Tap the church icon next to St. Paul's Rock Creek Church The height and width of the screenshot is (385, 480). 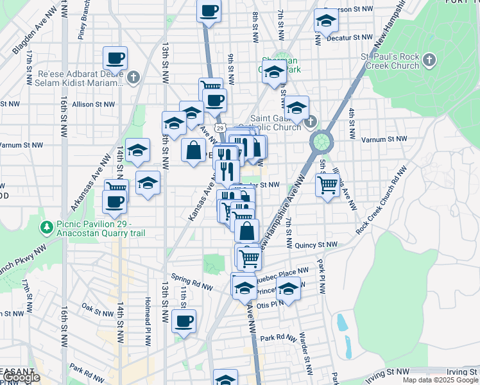click(x=429, y=62)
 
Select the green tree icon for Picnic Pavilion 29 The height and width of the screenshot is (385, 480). click(x=46, y=227)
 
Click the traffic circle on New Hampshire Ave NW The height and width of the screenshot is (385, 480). click(x=321, y=140)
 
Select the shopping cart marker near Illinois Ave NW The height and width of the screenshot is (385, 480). click(x=328, y=186)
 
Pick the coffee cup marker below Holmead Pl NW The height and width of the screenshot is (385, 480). click(x=184, y=321)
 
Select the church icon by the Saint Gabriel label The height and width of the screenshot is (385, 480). click(x=310, y=121)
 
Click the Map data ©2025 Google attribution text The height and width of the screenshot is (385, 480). click(x=440, y=380)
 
